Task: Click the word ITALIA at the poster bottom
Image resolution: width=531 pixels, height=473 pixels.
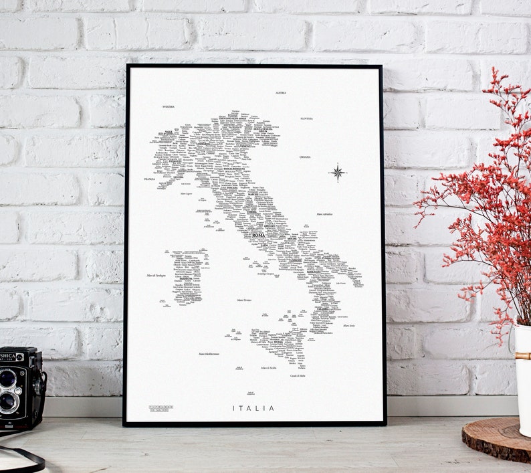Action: click(253, 408)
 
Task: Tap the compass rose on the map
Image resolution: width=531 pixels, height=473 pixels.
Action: click(338, 173)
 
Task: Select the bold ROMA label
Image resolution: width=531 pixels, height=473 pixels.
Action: click(258, 235)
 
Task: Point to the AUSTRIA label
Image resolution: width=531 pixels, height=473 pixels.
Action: click(281, 93)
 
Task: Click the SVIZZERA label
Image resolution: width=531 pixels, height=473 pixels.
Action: click(169, 106)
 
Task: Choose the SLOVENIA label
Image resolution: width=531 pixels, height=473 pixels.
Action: click(306, 118)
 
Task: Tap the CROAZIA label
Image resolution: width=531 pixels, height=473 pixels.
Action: click(305, 157)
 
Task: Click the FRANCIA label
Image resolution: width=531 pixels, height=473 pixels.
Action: click(150, 179)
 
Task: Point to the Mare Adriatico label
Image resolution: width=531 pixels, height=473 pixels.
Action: click(324, 215)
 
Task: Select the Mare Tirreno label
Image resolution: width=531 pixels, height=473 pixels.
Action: click(244, 300)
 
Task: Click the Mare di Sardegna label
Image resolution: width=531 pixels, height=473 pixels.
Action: click(156, 276)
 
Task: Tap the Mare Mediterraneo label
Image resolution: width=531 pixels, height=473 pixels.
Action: click(209, 354)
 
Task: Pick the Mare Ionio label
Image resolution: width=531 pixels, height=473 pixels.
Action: click(349, 326)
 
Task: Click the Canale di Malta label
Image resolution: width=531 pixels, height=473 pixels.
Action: click(298, 377)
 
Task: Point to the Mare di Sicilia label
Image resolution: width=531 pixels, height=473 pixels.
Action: click(269, 368)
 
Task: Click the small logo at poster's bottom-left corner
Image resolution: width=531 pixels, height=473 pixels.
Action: click(161, 407)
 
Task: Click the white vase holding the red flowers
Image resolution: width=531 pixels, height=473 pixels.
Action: click(522, 361)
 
